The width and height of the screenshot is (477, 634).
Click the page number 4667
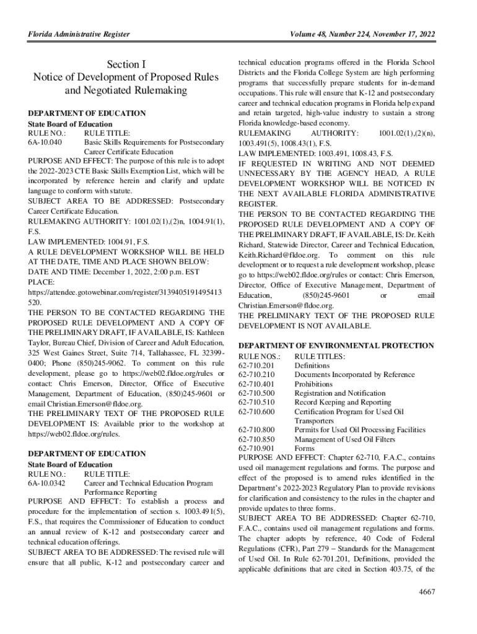click(427, 591)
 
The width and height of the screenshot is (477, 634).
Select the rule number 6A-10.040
click(45, 142)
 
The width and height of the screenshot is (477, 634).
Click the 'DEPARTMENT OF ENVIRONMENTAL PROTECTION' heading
click(336, 345)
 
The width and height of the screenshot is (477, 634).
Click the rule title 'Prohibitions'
click(313, 384)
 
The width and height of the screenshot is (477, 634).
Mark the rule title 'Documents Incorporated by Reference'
click(354, 375)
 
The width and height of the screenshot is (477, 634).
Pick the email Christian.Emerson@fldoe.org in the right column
click(286, 306)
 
